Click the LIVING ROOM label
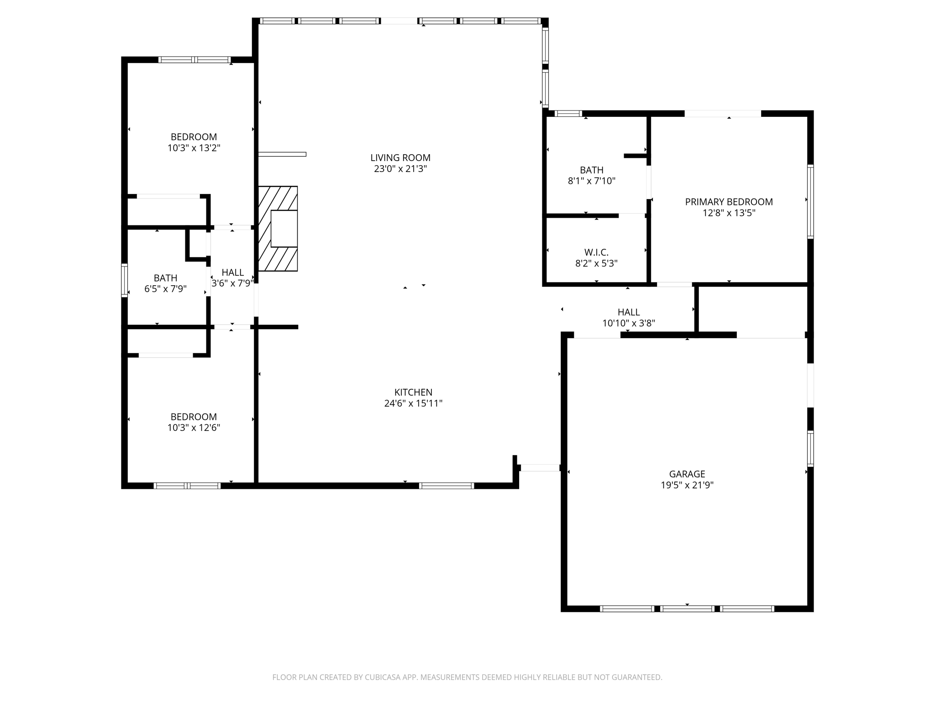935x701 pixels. (400, 158)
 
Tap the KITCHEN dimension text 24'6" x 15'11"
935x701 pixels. (413, 403)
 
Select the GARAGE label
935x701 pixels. (687, 474)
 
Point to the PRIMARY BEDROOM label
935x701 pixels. (729, 202)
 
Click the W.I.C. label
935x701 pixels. (596, 252)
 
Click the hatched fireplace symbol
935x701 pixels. (278, 229)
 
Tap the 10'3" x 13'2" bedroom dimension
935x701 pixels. (194, 148)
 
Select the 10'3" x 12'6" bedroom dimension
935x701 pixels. (194, 428)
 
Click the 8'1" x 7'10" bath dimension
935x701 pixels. (591, 181)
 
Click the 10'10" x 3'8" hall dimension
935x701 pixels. (629, 323)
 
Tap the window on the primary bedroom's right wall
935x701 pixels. (810, 201)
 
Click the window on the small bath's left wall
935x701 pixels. (124, 280)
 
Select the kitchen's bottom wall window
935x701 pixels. (446, 486)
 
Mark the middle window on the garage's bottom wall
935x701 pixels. (687, 608)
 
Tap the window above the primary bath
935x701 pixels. (568, 114)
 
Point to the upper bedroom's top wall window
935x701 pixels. (194, 60)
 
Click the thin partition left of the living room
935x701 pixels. (282, 154)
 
